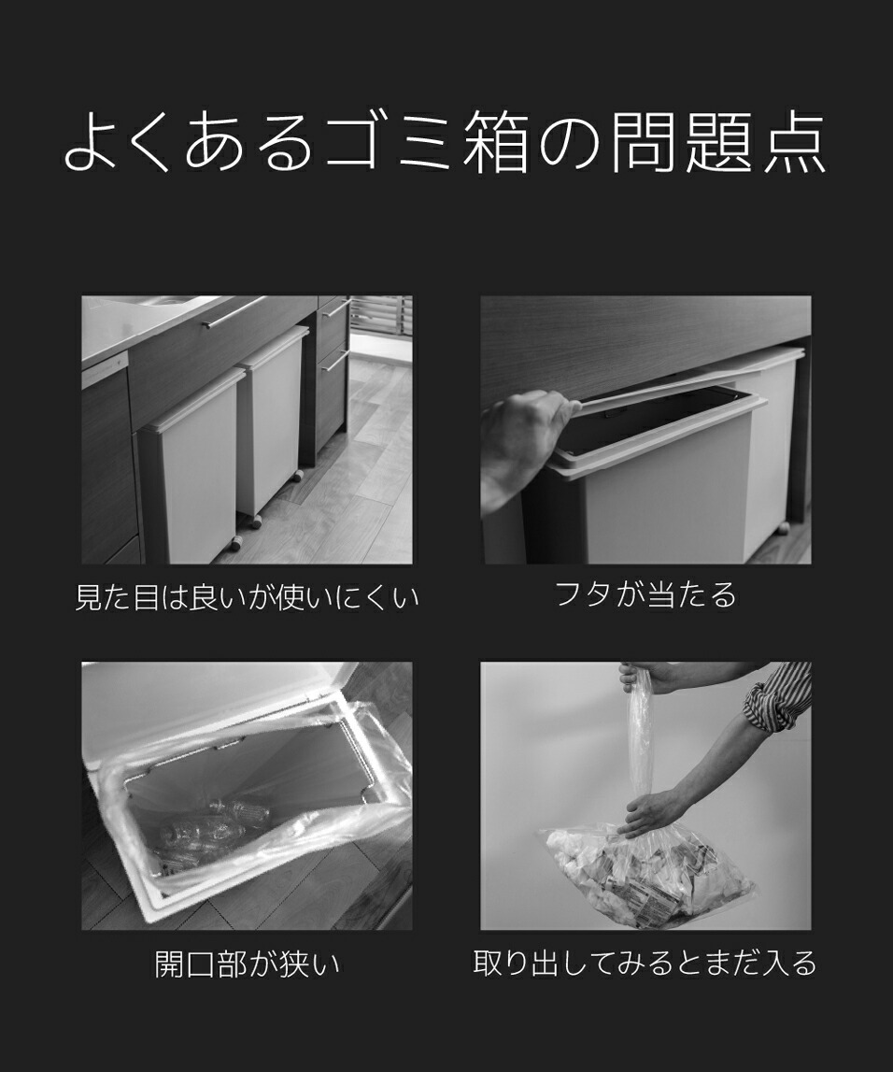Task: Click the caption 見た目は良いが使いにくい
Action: click(247, 597)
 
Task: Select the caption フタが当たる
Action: click(645, 594)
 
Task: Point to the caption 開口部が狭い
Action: click(247, 964)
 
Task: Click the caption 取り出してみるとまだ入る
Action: click(645, 963)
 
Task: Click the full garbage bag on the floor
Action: click(654, 874)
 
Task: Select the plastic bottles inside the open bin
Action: click(206, 827)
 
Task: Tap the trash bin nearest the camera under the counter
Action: click(191, 467)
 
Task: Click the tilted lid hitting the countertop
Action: click(673, 388)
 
